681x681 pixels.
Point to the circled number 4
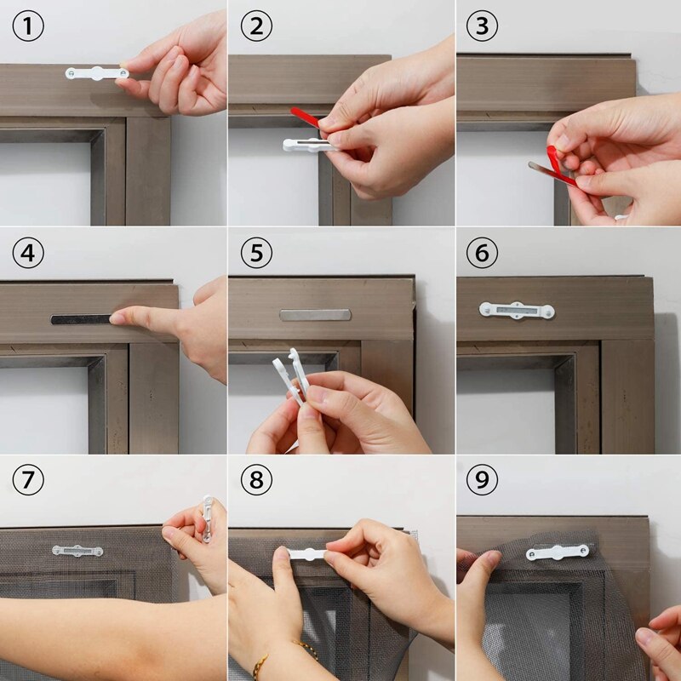click(27, 254)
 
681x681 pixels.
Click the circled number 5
click(255, 254)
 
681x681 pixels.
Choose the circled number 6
click(483, 254)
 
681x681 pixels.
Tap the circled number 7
click(27, 481)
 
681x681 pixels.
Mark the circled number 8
click(255, 481)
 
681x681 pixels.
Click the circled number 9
click(483, 481)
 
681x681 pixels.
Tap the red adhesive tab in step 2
click(305, 117)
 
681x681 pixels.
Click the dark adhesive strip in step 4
click(81, 319)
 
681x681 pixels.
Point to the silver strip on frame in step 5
click(314, 315)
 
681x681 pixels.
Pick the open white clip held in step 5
click(289, 378)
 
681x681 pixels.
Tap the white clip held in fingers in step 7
click(205, 518)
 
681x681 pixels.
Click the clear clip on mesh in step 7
click(77, 551)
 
